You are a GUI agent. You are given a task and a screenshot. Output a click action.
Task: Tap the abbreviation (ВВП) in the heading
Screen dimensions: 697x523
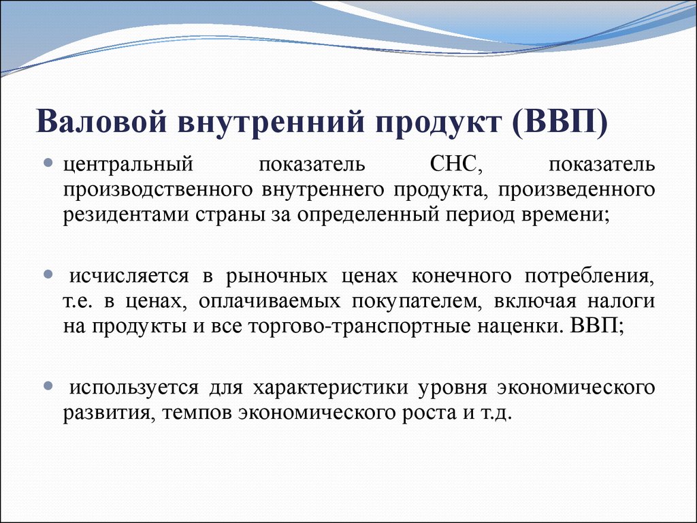point(560,121)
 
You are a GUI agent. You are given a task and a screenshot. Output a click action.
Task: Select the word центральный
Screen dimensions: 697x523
point(129,165)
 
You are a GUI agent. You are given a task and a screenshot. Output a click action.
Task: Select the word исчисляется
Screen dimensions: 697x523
point(129,276)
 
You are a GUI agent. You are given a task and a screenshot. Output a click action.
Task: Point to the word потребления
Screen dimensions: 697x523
point(589,277)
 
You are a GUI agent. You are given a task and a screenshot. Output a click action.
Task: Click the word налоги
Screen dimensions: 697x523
point(621,302)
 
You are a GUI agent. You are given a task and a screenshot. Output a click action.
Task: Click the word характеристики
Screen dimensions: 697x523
point(331,388)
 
